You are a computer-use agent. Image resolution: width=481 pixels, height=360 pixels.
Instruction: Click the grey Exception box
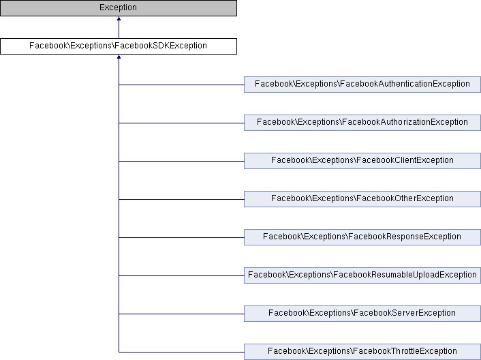click(x=119, y=8)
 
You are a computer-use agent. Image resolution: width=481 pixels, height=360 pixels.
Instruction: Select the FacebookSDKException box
click(x=119, y=46)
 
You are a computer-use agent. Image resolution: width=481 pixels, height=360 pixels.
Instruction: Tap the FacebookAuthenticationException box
click(x=362, y=85)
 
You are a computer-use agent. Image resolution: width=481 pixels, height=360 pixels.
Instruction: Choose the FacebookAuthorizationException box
click(x=362, y=123)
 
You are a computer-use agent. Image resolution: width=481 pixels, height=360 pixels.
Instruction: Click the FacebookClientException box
click(x=362, y=161)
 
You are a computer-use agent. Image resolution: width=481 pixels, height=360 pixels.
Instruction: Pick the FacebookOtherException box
click(x=362, y=199)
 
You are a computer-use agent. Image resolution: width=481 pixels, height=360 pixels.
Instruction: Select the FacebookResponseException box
click(x=362, y=237)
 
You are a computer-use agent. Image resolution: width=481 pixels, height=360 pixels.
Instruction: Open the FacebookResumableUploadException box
click(x=362, y=275)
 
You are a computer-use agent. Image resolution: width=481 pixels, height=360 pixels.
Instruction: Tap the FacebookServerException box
click(x=362, y=314)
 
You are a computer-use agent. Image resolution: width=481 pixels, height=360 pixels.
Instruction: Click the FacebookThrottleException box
click(x=362, y=352)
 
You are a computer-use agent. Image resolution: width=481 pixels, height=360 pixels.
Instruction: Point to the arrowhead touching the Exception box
click(x=119, y=18)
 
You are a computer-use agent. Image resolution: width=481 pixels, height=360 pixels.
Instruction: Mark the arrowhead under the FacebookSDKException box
click(x=119, y=57)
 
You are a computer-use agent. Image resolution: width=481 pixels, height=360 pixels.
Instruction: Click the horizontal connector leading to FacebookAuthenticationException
click(x=181, y=85)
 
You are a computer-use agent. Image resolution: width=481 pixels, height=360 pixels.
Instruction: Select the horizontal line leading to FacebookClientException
click(x=181, y=161)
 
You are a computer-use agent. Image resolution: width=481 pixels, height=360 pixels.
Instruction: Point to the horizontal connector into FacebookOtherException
click(x=181, y=199)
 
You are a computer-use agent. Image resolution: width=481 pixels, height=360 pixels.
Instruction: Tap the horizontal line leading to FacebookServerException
click(x=181, y=314)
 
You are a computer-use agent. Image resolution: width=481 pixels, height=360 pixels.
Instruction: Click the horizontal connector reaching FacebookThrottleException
click(x=181, y=352)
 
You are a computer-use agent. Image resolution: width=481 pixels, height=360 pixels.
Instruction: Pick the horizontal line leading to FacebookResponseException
click(x=181, y=237)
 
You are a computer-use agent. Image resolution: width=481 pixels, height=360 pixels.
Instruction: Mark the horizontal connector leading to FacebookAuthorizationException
click(x=181, y=123)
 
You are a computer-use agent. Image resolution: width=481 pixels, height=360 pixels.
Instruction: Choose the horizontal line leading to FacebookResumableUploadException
click(x=181, y=275)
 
